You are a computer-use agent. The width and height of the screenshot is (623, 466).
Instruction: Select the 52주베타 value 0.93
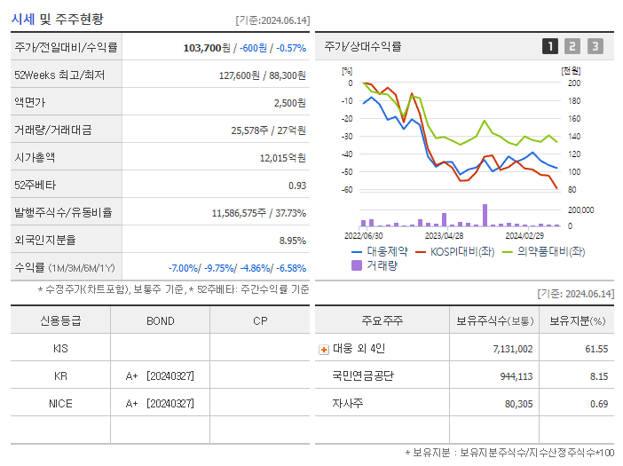coord(296,186)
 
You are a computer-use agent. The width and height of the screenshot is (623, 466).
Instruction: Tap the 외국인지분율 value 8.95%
coord(292,241)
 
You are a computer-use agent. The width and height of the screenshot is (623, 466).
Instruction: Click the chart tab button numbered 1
coord(550,46)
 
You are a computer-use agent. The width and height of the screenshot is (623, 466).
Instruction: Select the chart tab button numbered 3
coord(595,46)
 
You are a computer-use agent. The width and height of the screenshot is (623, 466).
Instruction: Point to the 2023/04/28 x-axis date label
coord(444,236)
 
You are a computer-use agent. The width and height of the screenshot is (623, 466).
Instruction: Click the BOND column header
coord(160,320)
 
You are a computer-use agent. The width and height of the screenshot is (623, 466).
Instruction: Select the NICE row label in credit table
coord(60,403)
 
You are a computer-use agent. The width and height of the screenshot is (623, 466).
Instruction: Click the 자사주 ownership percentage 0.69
coord(598,404)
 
